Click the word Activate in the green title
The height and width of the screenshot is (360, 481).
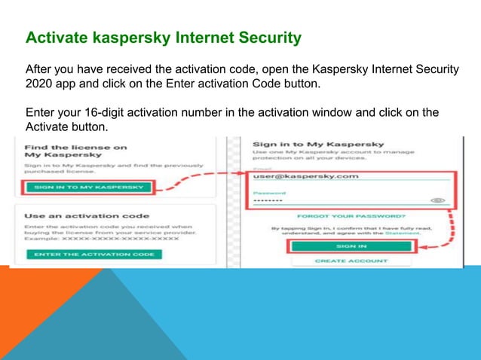coord(53,37)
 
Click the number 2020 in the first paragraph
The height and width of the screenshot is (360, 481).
coord(41,84)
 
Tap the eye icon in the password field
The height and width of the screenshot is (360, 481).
coord(438,201)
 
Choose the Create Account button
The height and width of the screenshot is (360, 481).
coord(351,261)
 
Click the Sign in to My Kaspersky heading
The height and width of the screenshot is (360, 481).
coord(318,143)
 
